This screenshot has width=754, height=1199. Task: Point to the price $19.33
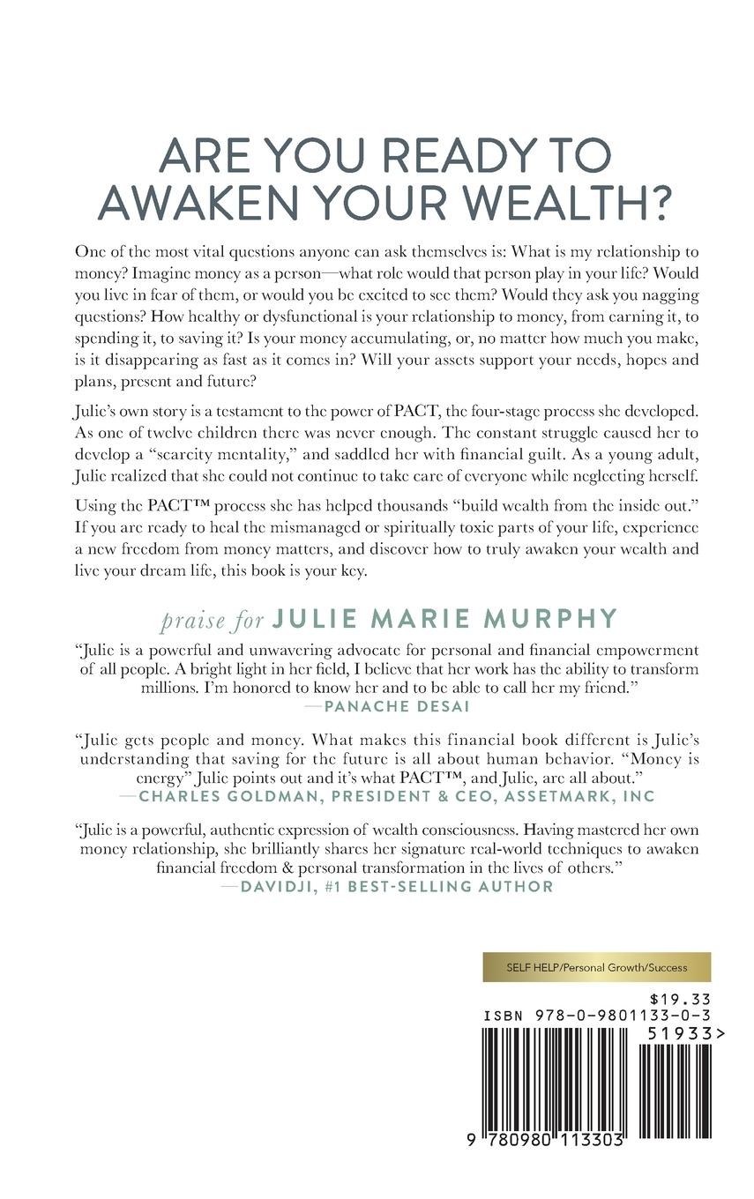click(x=679, y=999)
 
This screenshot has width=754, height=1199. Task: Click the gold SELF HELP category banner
click(x=596, y=966)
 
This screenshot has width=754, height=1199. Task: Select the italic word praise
click(x=192, y=620)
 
